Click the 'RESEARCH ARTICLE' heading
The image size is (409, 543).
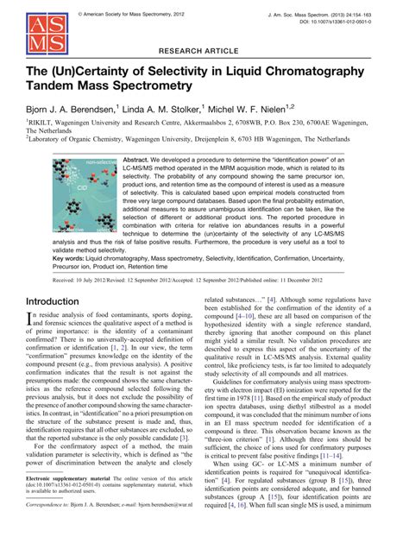pos(204,51)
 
